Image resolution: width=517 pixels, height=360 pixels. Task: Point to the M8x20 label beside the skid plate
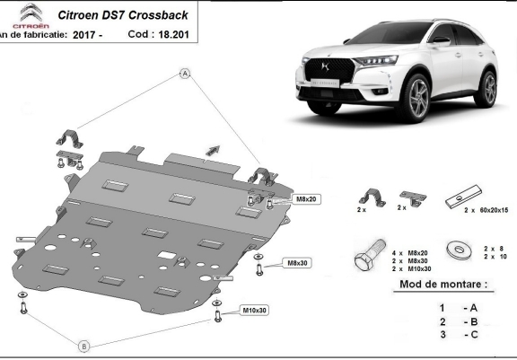click(305, 198)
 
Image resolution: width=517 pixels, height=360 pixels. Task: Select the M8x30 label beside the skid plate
click(297, 263)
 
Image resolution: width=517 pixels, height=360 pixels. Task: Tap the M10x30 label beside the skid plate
click(254, 311)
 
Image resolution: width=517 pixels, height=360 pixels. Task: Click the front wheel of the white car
click(418, 94)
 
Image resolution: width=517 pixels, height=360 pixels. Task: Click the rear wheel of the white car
click(488, 87)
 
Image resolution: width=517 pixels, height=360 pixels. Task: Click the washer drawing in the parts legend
click(458, 249)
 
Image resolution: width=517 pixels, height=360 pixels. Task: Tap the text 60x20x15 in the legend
click(493, 208)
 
